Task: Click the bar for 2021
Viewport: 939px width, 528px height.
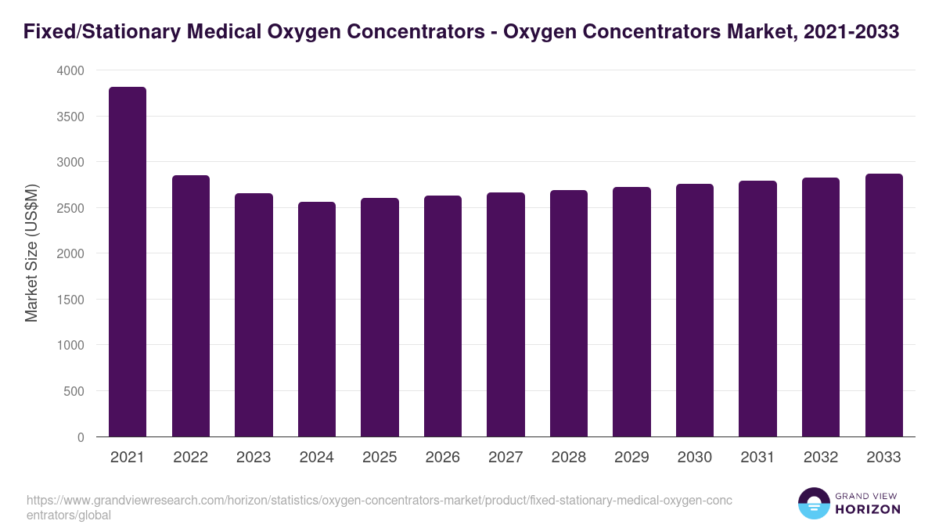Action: pyautogui.click(x=128, y=261)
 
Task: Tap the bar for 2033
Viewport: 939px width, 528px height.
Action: pyautogui.click(x=884, y=305)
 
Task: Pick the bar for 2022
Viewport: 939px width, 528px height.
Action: pyautogui.click(x=191, y=306)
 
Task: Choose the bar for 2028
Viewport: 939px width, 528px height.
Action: pyautogui.click(x=569, y=313)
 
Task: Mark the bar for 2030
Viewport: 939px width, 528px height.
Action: pyautogui.click(x=695, y=310)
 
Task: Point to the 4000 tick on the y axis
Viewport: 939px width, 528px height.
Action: pyautogui.click(x=70, y=70)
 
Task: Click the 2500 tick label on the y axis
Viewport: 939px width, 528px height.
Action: pyautogui.click(x=70, y=208)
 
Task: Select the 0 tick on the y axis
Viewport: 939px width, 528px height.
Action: pyautogui.click(x=81, y=437)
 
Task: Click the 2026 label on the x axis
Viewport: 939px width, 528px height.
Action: pyautogui.click(x=443, y=458)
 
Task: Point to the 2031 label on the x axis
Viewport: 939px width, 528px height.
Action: pyautogui.click(x=757, y=458)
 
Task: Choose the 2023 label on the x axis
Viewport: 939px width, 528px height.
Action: pyautogui.click(x=254, y=458)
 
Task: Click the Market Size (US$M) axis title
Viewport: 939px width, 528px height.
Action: pyautogui.click(x=31, y=253)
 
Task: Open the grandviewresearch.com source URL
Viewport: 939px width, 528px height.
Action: pyautogui.click(x=379, y=508)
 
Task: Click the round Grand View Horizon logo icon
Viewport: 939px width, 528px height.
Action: pyautogui.click(x=814, y=504)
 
